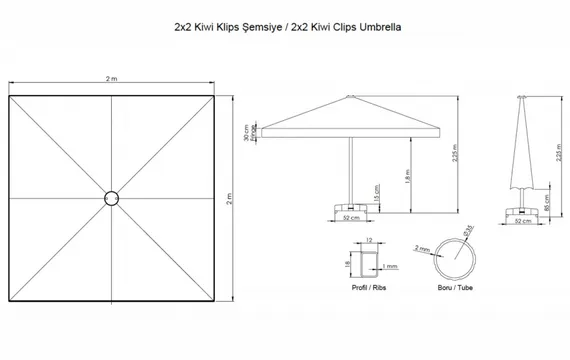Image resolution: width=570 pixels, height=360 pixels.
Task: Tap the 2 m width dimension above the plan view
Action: pyautogui.click(x=113, y=78)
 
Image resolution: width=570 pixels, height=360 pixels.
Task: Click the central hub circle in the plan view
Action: pyautogui.click(x=113, y=198)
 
